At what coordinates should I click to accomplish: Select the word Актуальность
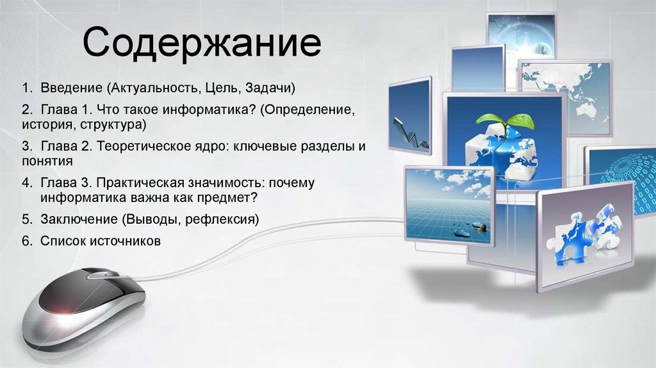tap(156, 87)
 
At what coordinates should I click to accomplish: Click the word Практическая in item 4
tap(137, 183)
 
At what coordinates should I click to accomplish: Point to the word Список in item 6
tap(61, 241)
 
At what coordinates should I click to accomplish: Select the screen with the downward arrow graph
tap(409, 115)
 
